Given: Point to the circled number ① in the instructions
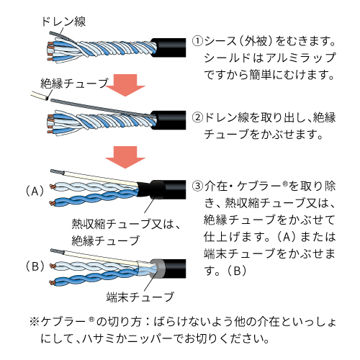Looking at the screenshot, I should [197, 41].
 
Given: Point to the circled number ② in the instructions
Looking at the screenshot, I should [197, 117].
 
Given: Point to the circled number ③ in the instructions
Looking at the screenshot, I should [197, 185].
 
